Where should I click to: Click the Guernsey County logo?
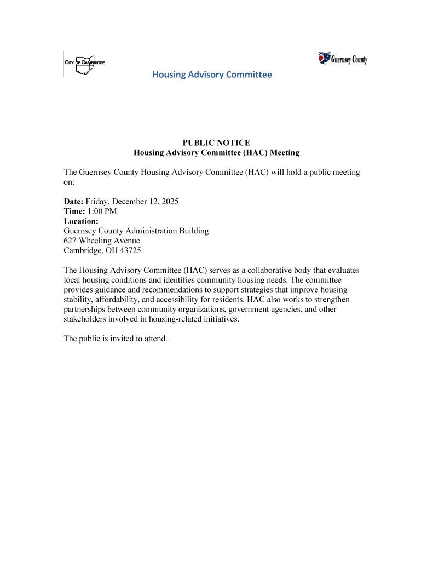pyautogui.click(x=343, y=59)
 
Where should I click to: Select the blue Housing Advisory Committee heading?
pyautogui.click(x=212, y=75)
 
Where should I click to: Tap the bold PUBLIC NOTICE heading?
pyautogui.click(x=216, y=143)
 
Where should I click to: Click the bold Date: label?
pyautogui.click(x=74, y=202)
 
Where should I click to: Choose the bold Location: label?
pyautogui.click(x=81, y=221)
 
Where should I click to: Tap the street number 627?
pyautogui.click(x=70, y=241)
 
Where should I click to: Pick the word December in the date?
pyautogui.click(x=130, y=202)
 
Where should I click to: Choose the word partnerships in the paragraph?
pyautogui.click(x=85, y=310)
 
